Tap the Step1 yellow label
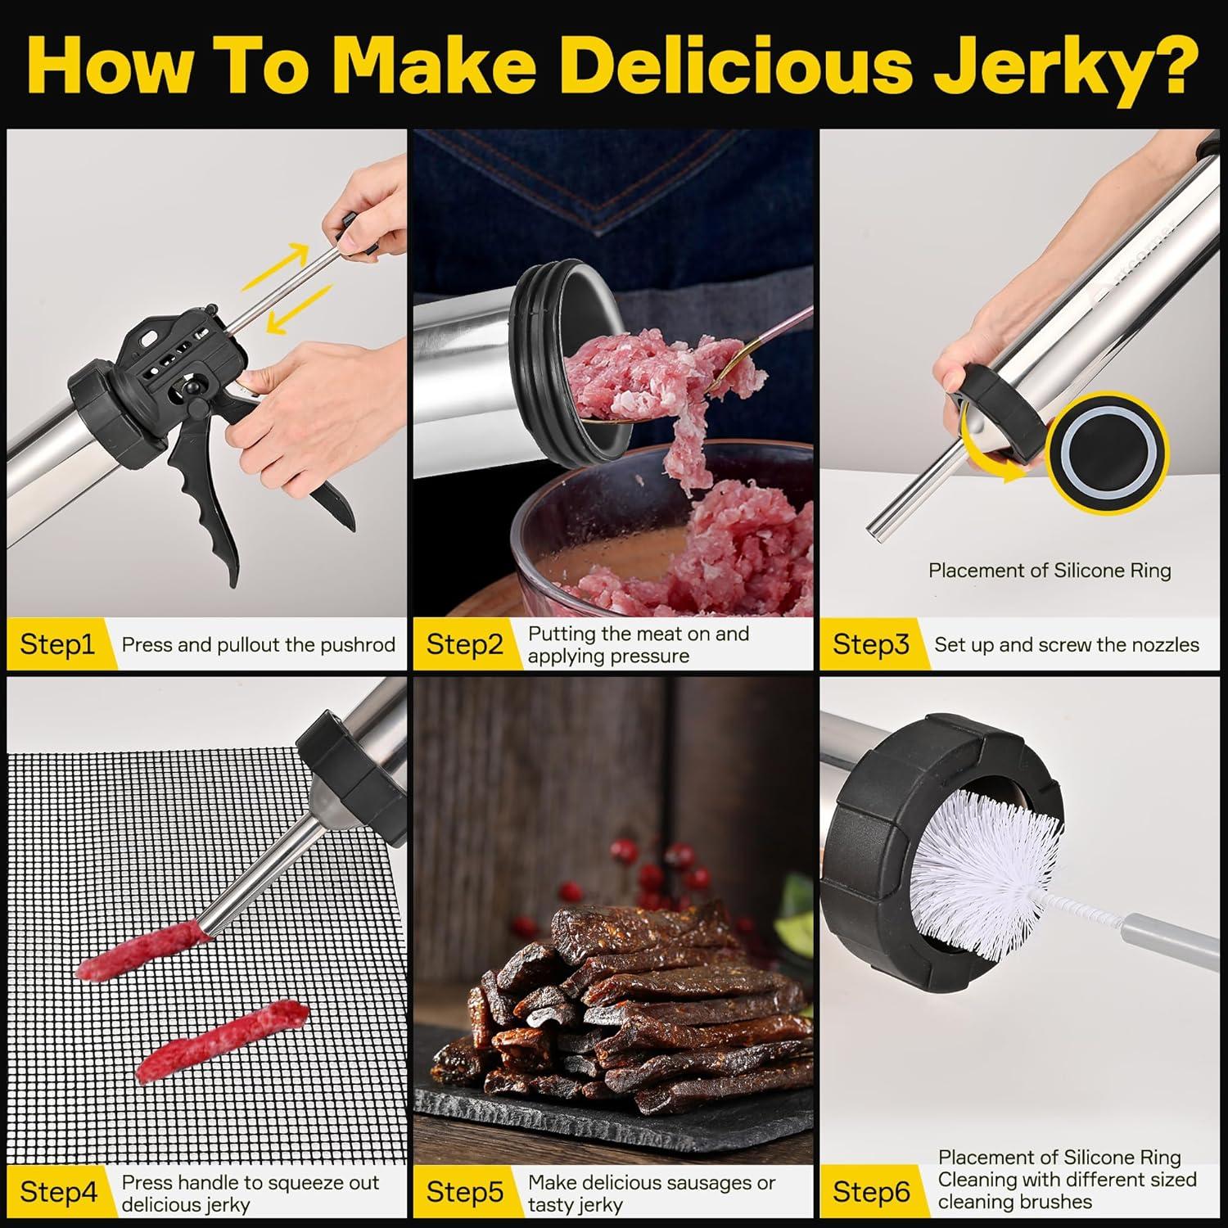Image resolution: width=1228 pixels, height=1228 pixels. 57,644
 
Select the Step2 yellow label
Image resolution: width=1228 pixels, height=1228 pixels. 464,644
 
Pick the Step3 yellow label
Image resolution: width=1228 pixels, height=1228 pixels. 870,644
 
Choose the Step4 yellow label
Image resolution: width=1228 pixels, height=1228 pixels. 57,1191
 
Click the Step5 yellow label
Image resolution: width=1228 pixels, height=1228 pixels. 464,1191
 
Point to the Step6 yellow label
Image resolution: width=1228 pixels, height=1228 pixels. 870,1191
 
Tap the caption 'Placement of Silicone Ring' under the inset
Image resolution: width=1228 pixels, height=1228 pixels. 1050,571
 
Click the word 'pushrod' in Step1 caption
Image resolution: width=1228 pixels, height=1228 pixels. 358,645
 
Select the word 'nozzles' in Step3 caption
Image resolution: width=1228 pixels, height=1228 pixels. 1163,645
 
